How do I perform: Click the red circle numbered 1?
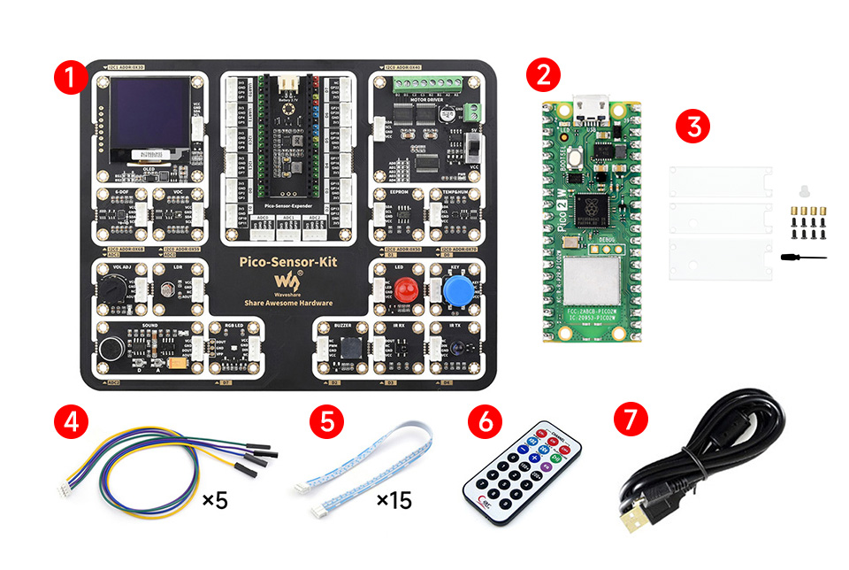tap(70, 76)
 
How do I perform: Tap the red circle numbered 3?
tap(692, 125)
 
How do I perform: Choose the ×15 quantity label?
tap(394, 501)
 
